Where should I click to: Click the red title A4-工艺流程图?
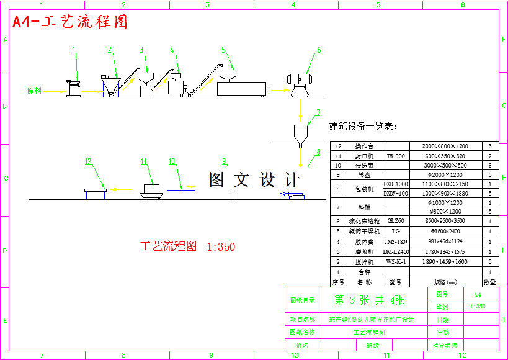click(70, 22)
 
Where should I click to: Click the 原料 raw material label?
click(35, 91)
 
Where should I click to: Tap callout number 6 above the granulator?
click(319, 50)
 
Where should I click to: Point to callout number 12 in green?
click(87, 162)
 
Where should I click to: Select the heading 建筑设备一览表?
click(363, 127)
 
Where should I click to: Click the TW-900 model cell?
click(395, 156)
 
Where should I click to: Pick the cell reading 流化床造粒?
click(363, 221)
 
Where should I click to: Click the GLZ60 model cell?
click(395, 221)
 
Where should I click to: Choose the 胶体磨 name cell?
click(363, 241)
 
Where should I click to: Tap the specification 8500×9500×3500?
click(444, 221)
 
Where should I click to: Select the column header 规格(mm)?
click(444, 282)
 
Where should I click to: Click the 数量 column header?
click(489, 282)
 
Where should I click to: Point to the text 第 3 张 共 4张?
click(370, 300)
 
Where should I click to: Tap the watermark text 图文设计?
click(254, 180)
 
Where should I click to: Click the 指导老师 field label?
click(445, 345)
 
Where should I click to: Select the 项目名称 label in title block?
click(302, 320)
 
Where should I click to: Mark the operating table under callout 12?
click(95, 191)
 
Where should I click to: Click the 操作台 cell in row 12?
click(363, 146)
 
